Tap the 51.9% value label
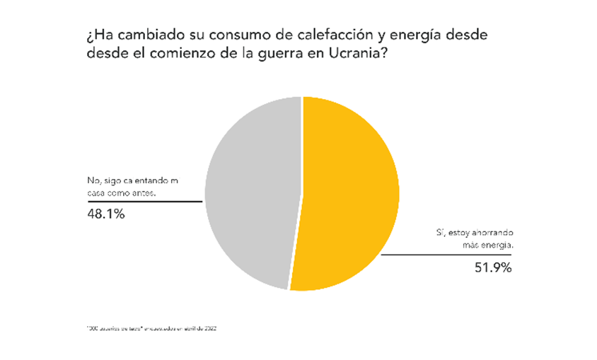pyautogui.click(x=492, y=267)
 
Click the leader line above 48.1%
pyautogui.click(x=141, y=202)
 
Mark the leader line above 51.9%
pyautogui.click(x=446, y=255)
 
